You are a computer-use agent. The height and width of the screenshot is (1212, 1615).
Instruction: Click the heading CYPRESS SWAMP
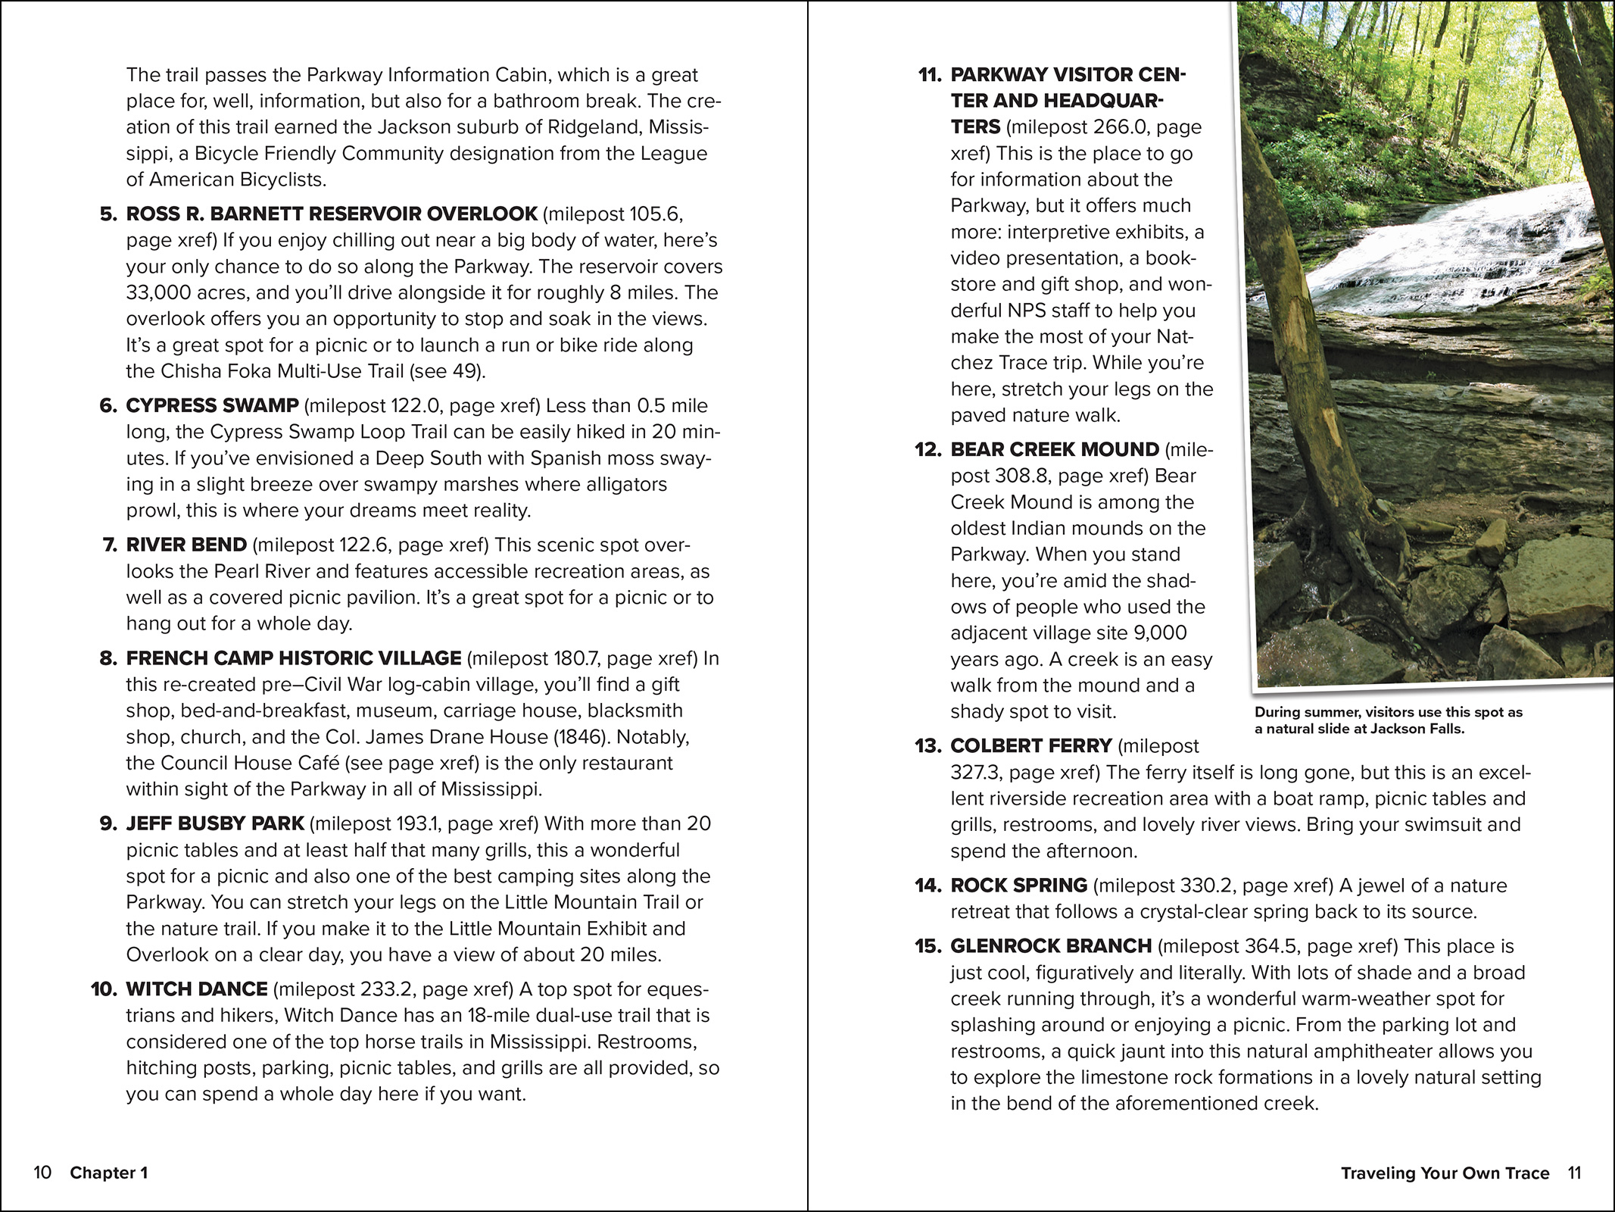click(x=212, y=406)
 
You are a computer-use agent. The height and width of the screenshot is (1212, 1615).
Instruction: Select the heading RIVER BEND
click(x=186, y=545)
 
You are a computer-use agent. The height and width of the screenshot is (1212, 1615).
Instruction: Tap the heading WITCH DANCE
click(x=197, y=989)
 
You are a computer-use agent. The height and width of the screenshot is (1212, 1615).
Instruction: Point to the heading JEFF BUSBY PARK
click(x=215, y=823)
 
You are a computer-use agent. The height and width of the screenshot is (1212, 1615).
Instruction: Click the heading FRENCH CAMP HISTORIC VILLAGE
click(x=294, y=658)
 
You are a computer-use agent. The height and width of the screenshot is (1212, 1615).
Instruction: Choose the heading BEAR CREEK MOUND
click(x=1055, y=450)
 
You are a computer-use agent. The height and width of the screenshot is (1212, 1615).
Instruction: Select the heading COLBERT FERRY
click(x=1030, y=746)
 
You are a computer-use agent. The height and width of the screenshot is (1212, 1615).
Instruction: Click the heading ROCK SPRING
click(x=1018, y=886)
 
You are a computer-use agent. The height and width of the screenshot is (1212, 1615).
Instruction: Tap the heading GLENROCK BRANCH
click(x=1051, y=946)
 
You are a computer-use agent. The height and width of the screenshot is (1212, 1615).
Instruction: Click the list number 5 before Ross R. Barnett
click(x=108, y=214)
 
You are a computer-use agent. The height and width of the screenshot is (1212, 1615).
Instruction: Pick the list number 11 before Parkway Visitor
click(x=929, y=75)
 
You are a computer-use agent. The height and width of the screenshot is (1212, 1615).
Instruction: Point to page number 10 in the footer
click(x=42, y=1173)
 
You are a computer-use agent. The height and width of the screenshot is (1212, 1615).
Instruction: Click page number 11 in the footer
click(x=1574, y=1173)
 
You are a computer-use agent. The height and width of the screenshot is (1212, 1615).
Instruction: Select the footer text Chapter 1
click(x=109, y=1173)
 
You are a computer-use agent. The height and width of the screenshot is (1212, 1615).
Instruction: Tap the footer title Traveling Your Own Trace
click(x=1445, y=1173)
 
